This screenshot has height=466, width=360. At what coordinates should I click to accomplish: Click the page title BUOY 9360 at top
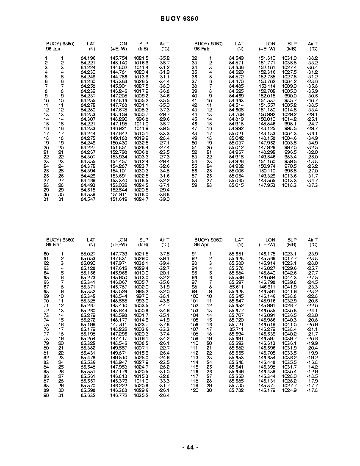tap(180, 19)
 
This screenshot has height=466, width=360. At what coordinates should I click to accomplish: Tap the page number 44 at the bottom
tap(190, 447)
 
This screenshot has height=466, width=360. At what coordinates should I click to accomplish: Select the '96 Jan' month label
tap(53, 49)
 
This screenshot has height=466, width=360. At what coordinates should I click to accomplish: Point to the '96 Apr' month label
tap(201, 244)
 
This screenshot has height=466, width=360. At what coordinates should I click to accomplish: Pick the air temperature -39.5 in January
tap(164, 128)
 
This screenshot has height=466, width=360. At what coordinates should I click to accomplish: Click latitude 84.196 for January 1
tap(88, 58)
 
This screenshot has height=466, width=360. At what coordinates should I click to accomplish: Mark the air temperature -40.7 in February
tap(312, 100)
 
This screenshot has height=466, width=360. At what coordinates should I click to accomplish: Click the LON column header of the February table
tap(270, 44)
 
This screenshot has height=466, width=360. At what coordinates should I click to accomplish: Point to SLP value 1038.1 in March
tap(142, 263)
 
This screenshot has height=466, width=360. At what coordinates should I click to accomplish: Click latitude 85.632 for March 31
tap(88, 395)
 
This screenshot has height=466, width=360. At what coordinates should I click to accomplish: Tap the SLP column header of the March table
tap(144, 240)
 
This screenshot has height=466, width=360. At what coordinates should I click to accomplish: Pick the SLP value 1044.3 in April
tap(291, 277)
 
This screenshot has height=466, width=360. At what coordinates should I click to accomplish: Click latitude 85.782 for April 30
tap(236, 391)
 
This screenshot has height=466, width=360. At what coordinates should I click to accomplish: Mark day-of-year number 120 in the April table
tap(194, 391)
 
